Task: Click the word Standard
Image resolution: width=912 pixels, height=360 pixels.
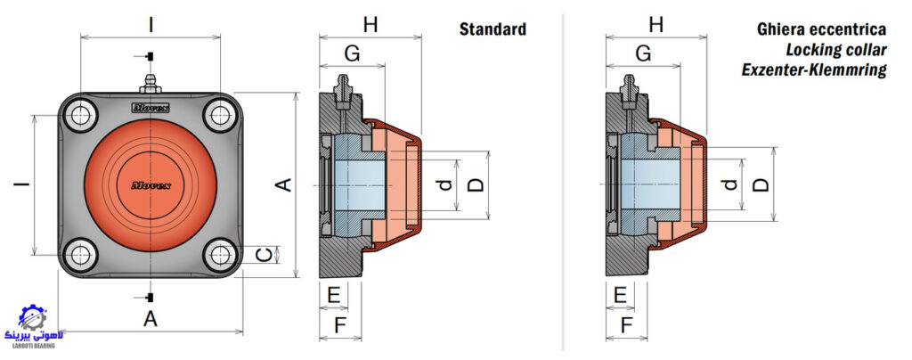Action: click(493, 29)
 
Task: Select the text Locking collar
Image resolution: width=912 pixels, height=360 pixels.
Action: click(836, 50)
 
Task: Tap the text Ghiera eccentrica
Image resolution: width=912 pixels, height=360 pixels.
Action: click(821, 29)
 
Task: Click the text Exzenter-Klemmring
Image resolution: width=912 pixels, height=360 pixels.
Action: click(814, 70)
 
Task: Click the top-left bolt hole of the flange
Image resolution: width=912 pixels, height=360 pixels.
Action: click(79, 115)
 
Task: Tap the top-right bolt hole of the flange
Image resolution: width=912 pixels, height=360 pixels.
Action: click(222, 115)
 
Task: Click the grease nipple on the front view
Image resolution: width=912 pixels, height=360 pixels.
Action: click(150, 84)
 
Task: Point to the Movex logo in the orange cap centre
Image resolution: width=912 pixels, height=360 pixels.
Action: click(150, 185)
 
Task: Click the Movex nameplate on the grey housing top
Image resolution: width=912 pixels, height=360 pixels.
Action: click(150, 108)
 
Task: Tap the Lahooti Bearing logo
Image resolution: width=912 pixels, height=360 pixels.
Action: click(35, 326)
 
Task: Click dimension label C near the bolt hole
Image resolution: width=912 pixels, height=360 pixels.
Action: click(265, 255)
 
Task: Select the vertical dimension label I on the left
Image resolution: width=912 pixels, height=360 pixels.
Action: click(22, 184)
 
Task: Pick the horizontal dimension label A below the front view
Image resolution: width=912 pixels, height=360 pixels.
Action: click(151, 319)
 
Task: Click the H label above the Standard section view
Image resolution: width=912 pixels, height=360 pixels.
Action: click(370, 25)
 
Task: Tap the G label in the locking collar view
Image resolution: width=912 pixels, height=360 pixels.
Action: click(643, 53)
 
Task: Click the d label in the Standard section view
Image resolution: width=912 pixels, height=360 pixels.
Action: click(445, 185)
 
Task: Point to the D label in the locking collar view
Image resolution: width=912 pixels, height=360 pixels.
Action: click(761, 185)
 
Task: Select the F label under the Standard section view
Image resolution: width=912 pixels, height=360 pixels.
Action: click(340, 325)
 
